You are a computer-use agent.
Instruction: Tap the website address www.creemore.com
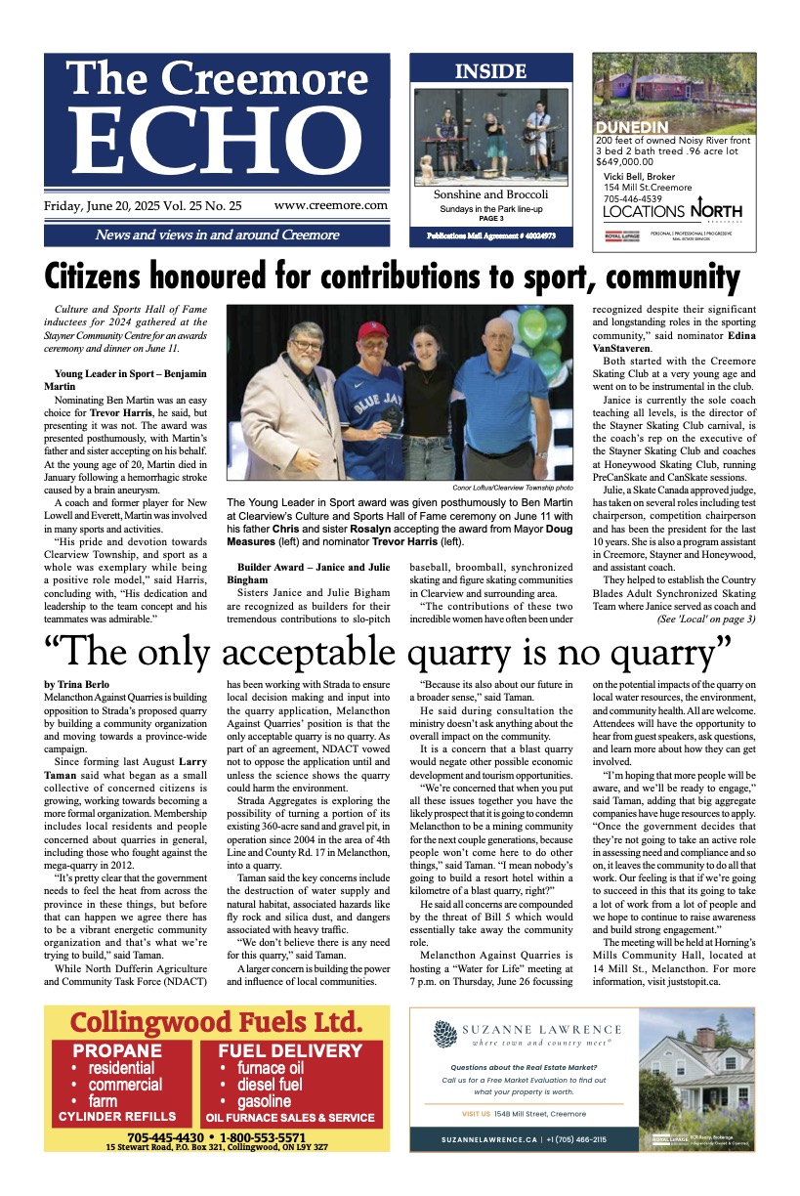[330, 206]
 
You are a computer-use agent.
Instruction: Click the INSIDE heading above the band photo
[490, 71]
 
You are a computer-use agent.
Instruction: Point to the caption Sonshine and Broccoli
[490, 195]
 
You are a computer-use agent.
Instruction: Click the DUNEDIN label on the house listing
[632, 128]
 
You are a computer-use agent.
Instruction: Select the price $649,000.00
[631, 162]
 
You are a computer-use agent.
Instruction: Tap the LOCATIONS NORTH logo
[672, 211]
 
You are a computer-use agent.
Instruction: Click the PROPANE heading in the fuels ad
[118, 1051]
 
